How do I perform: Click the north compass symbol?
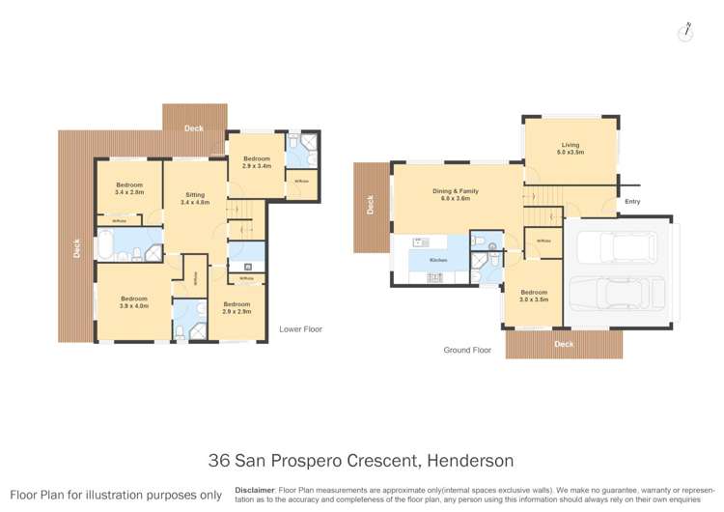click(685, 31)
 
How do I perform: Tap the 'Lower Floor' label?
click(299, 329)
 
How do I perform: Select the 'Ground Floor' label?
click(469, 350)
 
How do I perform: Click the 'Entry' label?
click(633, 202)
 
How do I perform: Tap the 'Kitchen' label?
click(438, 261)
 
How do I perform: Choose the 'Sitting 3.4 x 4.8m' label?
click(195, 199)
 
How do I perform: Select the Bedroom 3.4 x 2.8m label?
click(129, 188)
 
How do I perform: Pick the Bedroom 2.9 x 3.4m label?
click(257, 162)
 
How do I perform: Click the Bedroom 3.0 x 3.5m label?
click(534, 296)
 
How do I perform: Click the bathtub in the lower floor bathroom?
click(114, 244)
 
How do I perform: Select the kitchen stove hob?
click(434, 278)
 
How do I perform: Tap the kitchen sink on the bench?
click(419, 242)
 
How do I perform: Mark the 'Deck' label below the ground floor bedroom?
click(564, 344)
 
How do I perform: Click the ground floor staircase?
click(546, 196)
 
